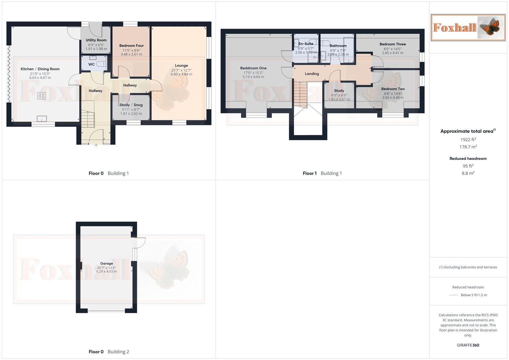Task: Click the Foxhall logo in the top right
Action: [468, 27]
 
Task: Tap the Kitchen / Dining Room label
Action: [40, 69]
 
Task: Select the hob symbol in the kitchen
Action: [41, 96]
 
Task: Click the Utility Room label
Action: [96, 40]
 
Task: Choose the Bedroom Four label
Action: [131, 46]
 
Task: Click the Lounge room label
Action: [181, 66]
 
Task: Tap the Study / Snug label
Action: [131, 105]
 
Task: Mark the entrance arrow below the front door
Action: [96, 145]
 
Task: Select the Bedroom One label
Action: [253, 68]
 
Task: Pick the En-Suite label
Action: [306, 44]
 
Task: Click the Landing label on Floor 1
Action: [312, 74]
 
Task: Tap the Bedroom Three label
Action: [393, 44]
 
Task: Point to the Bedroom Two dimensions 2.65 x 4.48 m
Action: [393, 98]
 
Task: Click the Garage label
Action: [107, 263]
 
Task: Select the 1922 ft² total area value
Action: [468, 140]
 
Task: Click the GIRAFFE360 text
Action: [468, 345]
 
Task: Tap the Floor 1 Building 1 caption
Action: [322, 173]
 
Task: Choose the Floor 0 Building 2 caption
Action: [109, 352]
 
